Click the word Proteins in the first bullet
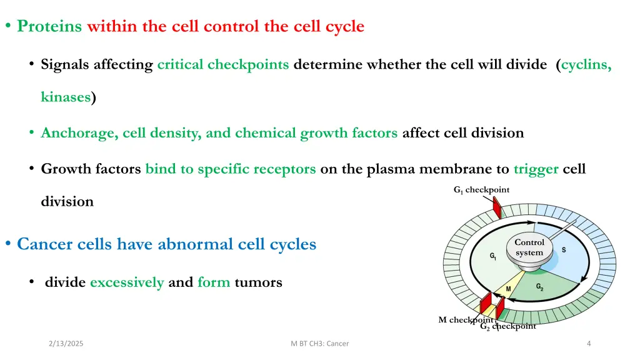click(49, 26)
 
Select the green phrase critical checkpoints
click(222, 64)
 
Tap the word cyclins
click(586, 64)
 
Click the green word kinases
click(66, 97)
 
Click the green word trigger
click(536, 169)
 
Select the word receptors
click(285, 169)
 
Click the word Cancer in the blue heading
click(45, 243)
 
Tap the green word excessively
click(127, 282)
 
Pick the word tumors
click(258, 282)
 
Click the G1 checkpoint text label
click(481, 190)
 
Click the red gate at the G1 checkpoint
click(497, 208)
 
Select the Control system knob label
click(529, 247)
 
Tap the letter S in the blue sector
click(564, 250)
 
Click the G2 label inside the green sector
click(539, 287)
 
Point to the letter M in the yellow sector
click(508, 289)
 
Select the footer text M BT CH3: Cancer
click(320, 344)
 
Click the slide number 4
click(589, 344)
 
